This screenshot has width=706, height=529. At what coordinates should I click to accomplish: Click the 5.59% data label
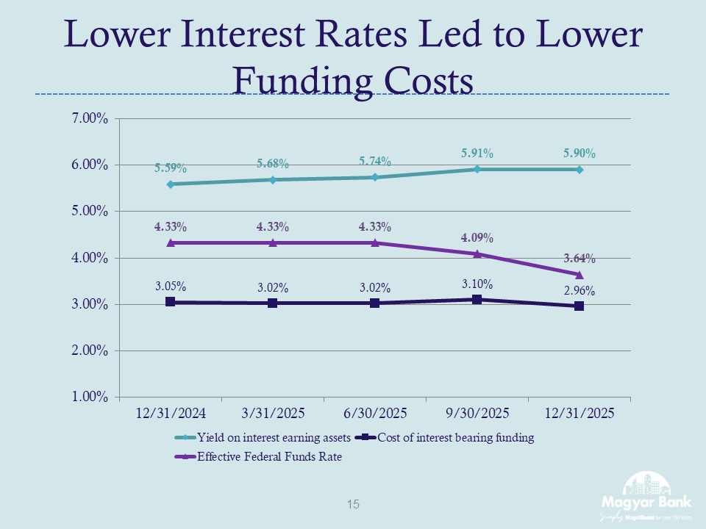(170, 168)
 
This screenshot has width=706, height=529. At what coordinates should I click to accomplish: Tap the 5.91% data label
(477, 154)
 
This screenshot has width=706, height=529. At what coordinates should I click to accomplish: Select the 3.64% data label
(580, 259)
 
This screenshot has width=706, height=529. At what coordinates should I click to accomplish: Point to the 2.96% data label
(580, 290)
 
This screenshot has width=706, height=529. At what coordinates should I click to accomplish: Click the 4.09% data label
(477, 238)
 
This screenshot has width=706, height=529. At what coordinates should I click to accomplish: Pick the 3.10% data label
(477, 284)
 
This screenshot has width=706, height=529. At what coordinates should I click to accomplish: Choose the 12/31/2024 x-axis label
(170, 414)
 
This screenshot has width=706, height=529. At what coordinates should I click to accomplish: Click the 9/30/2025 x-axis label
(477, 414)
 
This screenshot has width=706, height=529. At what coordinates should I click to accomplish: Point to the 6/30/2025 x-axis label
(374, 414)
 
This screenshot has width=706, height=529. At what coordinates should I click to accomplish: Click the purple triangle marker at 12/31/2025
(580, 274)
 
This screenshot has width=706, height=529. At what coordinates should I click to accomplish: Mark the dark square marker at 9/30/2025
(477, 299)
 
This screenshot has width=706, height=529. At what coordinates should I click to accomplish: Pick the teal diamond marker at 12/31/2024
(170, 184)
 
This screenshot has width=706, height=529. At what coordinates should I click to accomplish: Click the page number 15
(353, 505)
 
